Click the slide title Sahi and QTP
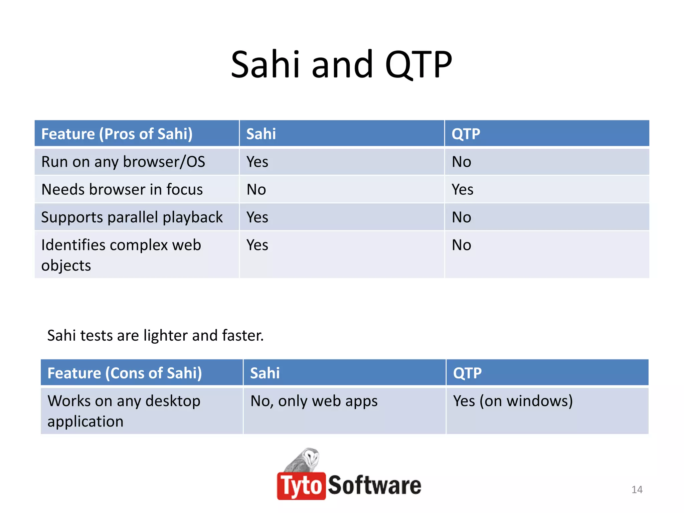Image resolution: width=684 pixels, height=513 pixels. click(x=341, y=64)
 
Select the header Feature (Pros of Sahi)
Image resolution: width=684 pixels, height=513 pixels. click(x=117, y=134)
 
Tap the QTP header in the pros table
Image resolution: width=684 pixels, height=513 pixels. click(x=466, y=134)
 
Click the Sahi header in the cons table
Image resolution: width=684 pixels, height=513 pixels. click(x=265, y=373)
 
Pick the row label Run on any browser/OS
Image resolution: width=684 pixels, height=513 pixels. click(x=123, y=162)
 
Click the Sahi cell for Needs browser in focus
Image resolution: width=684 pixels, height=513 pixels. click(x=256, y=190)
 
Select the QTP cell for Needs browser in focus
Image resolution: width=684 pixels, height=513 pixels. click(x=462, y=190)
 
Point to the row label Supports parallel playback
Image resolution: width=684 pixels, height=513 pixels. click(x=132, y=217)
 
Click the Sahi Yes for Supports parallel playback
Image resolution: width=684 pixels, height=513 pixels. click(x=257, y=217)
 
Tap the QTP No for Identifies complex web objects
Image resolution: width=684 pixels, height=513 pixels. click(x=461, y=245)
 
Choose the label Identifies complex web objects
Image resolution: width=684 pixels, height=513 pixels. click(x=121, y=255)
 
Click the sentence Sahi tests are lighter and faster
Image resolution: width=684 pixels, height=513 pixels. click(x=155, y=335)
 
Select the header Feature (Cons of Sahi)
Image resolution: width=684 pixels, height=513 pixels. click(x=125, y=373)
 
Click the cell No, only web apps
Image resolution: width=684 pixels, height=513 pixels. click(x=314, y=401)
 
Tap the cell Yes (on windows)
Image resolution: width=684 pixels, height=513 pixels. click(x=513, y=401)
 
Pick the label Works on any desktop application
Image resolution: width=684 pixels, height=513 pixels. click(x=124, y=411)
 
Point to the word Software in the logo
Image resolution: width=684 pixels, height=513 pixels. click(x=374, y=485)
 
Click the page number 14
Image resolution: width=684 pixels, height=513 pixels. click(x=637, y=490)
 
